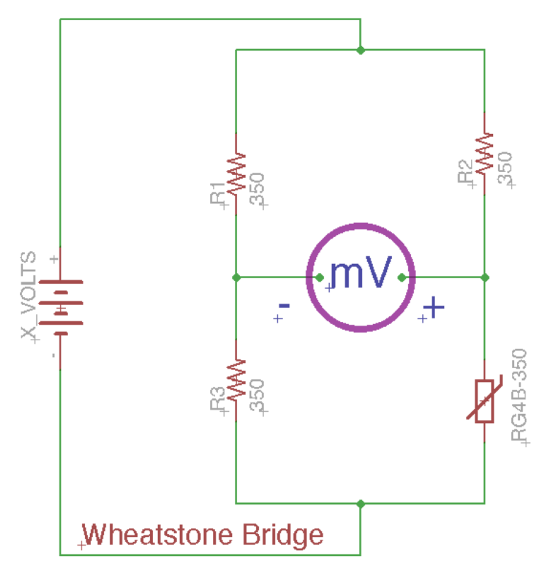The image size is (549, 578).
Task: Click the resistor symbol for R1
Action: point(237,173)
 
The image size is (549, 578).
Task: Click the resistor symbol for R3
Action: point(237,380)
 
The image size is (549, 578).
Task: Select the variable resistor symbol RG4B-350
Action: point(485,401)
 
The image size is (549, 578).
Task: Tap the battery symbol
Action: point(60,308)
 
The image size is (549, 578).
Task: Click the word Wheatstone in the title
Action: point(157,535)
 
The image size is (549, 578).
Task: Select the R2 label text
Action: point(465,173)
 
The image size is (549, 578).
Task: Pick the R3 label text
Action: point(217,399)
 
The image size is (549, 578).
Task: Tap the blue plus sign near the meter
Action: point(434,308)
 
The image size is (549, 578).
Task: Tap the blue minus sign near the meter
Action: point(284,306)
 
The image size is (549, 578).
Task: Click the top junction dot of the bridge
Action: point(360,50)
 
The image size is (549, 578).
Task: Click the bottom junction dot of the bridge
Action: point(360,504)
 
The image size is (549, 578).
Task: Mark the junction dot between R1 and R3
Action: point(237,277)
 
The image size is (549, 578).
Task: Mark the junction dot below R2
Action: point(485,277)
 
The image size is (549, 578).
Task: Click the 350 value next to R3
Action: point(258,396)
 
